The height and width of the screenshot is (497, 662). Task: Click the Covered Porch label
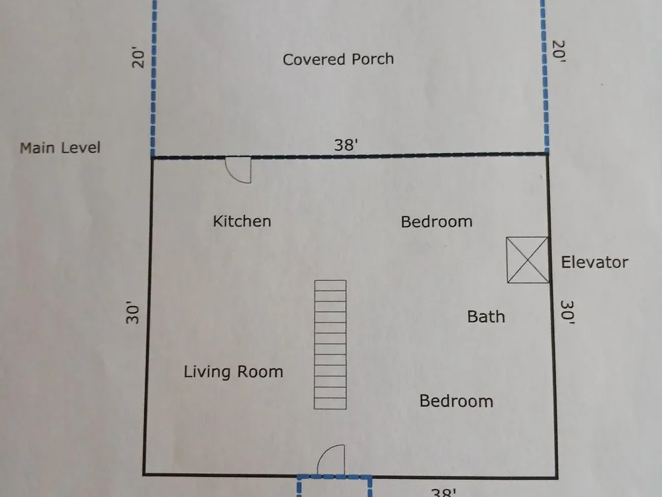338,59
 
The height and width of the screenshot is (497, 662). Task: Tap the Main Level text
60,148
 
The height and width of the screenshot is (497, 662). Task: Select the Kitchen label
242,221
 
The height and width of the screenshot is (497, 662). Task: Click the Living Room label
233,372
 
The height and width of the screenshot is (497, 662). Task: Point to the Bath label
486,317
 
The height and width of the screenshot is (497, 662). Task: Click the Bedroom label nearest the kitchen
436,221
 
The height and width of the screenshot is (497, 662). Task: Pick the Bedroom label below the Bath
456,401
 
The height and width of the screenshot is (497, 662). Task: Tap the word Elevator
594,262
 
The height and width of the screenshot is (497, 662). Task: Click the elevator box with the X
528,260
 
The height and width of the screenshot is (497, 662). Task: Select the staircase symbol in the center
330,345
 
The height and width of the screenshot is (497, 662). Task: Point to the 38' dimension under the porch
346,145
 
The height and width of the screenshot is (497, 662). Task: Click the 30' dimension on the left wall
132,312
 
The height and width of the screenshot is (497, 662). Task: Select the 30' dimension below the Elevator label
567,312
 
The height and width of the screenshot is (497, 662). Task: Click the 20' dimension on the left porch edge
138,57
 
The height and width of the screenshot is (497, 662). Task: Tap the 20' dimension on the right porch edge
559,52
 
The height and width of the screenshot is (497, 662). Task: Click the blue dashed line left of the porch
154,79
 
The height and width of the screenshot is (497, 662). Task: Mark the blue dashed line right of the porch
545,76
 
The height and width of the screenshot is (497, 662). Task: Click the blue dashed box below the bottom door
334,477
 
